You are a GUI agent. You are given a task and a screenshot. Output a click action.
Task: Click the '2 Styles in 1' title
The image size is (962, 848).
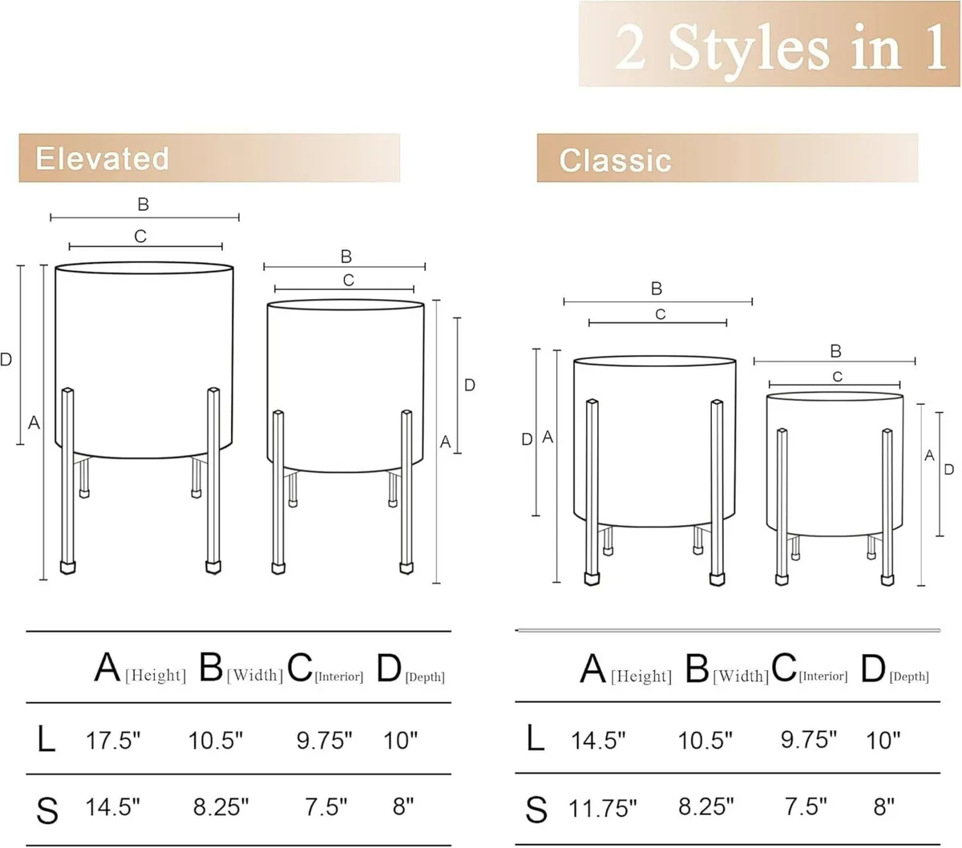tap(781, 47)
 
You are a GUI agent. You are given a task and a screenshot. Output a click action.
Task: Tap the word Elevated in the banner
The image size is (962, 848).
tap(102, 159)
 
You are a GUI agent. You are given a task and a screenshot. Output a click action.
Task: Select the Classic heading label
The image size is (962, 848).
tap(616, 160)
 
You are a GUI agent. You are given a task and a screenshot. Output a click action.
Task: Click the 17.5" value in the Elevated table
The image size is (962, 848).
tap(113, 741)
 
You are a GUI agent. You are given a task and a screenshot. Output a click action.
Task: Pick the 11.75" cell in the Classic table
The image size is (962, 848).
tap(602, 809)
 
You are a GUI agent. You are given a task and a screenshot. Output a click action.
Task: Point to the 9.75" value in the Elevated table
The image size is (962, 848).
tap(325, 741)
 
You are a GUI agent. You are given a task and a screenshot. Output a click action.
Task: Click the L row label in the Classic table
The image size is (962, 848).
tap(536, 738)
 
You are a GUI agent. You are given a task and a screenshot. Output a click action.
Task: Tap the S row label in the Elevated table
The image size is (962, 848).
tap(47, 810)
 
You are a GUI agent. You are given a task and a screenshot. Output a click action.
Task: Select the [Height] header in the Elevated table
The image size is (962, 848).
tap(156, 675)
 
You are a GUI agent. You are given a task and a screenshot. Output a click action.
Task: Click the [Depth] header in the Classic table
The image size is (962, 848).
tap(909, 676)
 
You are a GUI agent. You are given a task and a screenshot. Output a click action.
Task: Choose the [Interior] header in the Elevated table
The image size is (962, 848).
tap(338, 676)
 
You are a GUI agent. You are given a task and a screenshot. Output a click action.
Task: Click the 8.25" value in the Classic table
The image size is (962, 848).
tap(705, 806)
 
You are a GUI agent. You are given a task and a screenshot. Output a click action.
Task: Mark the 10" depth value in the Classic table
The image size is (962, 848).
tap(883, 741)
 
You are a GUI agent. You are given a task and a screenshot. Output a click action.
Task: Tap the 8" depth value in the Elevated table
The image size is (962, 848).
tap(403, 806)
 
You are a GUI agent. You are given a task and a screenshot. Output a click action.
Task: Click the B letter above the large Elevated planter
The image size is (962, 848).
tap(143, 204)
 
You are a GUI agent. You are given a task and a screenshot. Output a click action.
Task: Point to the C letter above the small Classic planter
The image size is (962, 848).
tap(837, 377)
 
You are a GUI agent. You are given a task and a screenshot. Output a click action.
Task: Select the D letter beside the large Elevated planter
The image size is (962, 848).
tap(6, 359)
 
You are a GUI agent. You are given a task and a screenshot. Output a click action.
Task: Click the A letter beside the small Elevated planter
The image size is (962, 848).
tap(445, 442)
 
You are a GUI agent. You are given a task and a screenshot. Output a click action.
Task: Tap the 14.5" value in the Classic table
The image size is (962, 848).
tap(598, 741)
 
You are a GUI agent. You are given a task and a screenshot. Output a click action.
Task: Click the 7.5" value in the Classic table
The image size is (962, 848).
tap(806, 806)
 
